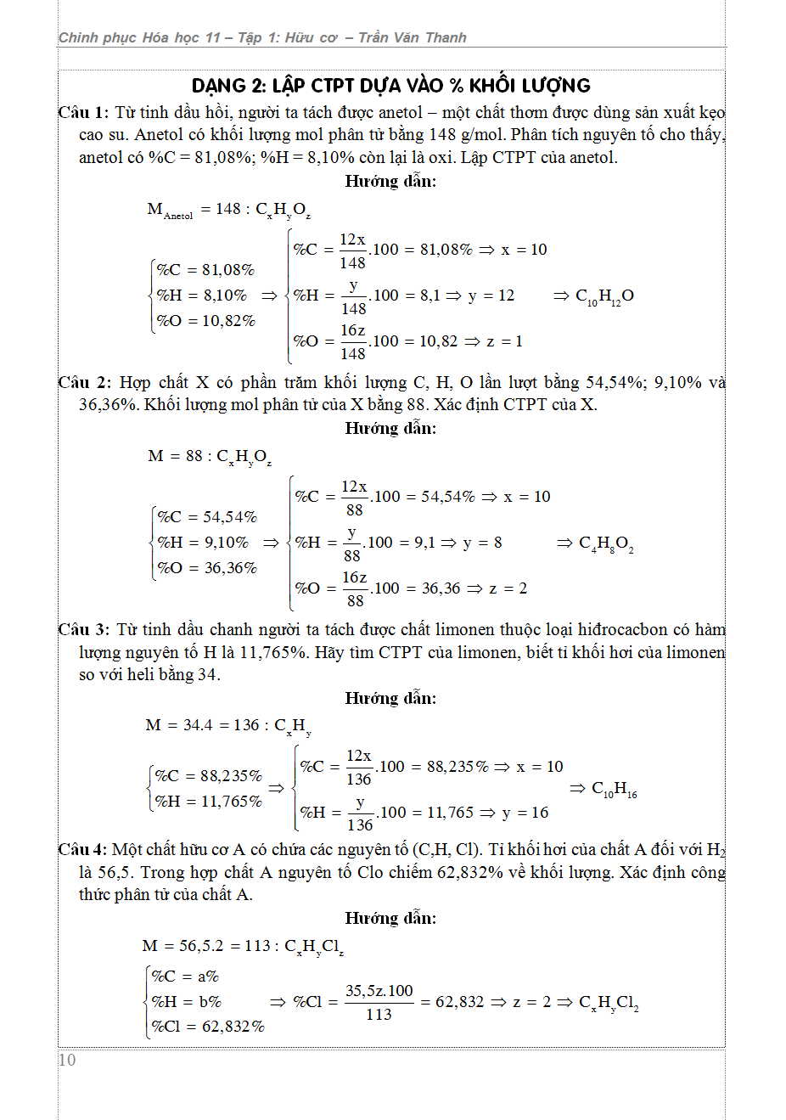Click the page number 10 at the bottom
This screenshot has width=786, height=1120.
pyautogui.click(x=67, y=1060)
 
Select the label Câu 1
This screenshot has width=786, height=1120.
pyautogui.click(x=82, y=112)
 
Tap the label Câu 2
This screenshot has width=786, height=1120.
pyautogui.click(x=84, y=382)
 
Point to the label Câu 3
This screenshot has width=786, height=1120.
pyautogui.click(x=83, y=629)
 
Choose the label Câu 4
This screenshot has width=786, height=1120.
pyautogui.click(x=82, y=849)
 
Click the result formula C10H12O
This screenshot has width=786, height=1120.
pyautogui.click(x=604, y=296)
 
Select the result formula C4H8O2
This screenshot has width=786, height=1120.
pyautogui.click(x=606, y=543)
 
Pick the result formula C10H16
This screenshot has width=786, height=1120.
pyautogui.click(x=614, y=789)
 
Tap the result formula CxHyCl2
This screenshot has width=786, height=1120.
pyautogui.click(x=609, y=1003)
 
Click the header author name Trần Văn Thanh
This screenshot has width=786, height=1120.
pyautogui.click(x=412, y=37)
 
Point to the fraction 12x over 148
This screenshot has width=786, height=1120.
pyautogui.click(x=352, y=250)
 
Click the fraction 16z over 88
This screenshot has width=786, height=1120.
pyautogui.click(x=355, y=588)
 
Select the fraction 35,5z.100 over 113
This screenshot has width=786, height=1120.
pyautogui.click(x=379, y=1002)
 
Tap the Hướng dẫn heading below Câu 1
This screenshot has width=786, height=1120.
pyautogui.click(x=390, y=181)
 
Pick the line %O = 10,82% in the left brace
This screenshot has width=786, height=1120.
pyautogui.click(x=206, y=321)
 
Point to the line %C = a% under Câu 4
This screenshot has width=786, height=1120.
pyautogui.click(x=185, y=976)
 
